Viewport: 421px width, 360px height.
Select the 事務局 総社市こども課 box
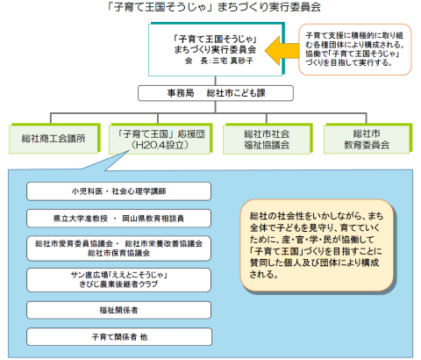pos(216,93)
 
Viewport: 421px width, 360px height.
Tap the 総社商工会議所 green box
pos(54,139)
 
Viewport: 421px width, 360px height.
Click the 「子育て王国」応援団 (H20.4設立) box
pos(161,139)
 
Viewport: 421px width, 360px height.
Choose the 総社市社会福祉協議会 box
pos(268,139)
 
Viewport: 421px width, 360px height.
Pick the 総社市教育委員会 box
pos(367,139)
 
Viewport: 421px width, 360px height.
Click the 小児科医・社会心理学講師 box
pos(118,191)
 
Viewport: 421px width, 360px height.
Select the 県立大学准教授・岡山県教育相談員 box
pos(118,219)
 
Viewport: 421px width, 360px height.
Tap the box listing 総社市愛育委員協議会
pos(118,248)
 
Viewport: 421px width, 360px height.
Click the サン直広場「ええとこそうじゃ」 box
pos(118,280)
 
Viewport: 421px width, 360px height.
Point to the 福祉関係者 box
pos(118,310)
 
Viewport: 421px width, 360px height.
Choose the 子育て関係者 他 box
pos(119,337)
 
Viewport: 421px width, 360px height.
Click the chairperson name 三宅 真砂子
pos(232,61)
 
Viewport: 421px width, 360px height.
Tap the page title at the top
pos(213,7)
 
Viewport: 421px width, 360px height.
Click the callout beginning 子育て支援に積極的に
pos(355,49)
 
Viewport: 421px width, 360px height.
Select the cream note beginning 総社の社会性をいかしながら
pos(318,245)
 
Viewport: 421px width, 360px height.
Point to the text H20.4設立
pos(160,145)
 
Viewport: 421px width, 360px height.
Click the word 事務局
pos(181,93)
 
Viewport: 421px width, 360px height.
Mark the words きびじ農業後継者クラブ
pos(118,284)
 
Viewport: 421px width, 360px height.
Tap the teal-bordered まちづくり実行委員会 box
pos(217,49)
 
